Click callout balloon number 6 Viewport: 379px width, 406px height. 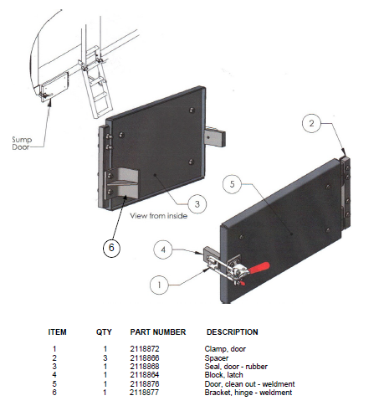click(115, 247)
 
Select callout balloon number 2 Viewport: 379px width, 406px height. click(310, 124)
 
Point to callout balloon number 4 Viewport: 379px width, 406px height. click(165, 249)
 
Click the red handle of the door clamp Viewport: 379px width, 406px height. click(257, 270)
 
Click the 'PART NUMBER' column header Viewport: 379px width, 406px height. click(157, 332)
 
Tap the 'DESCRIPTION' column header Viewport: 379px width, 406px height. click(232, 332)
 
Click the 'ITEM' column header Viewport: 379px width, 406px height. click(58, 332)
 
